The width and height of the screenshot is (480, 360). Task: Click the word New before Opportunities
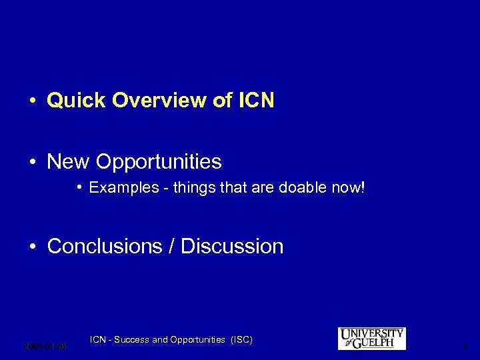pyautogui.click(x=69, y=161)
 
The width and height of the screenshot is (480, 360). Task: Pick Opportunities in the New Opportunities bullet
pyautogui.click(x=159, y=162)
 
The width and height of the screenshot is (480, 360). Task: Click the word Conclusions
pyautogui.click(x=103, y=246)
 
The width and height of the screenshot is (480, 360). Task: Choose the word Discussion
pyautogui.click(x=232, y=246)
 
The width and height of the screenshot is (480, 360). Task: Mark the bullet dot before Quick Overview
pyautogui.click(x=32, y=101)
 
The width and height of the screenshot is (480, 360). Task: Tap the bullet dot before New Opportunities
pyautogui.click(x=32, y=162)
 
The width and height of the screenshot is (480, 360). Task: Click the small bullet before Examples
pyautogui.click(x=79, y=187)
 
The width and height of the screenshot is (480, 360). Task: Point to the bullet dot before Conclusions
pyautogui.click(x=32, y=247)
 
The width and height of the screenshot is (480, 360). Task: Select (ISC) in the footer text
pyautogui.click(x=241, y=340)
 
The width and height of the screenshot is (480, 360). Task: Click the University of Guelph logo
pyautogui.click(x=371, y=338)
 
